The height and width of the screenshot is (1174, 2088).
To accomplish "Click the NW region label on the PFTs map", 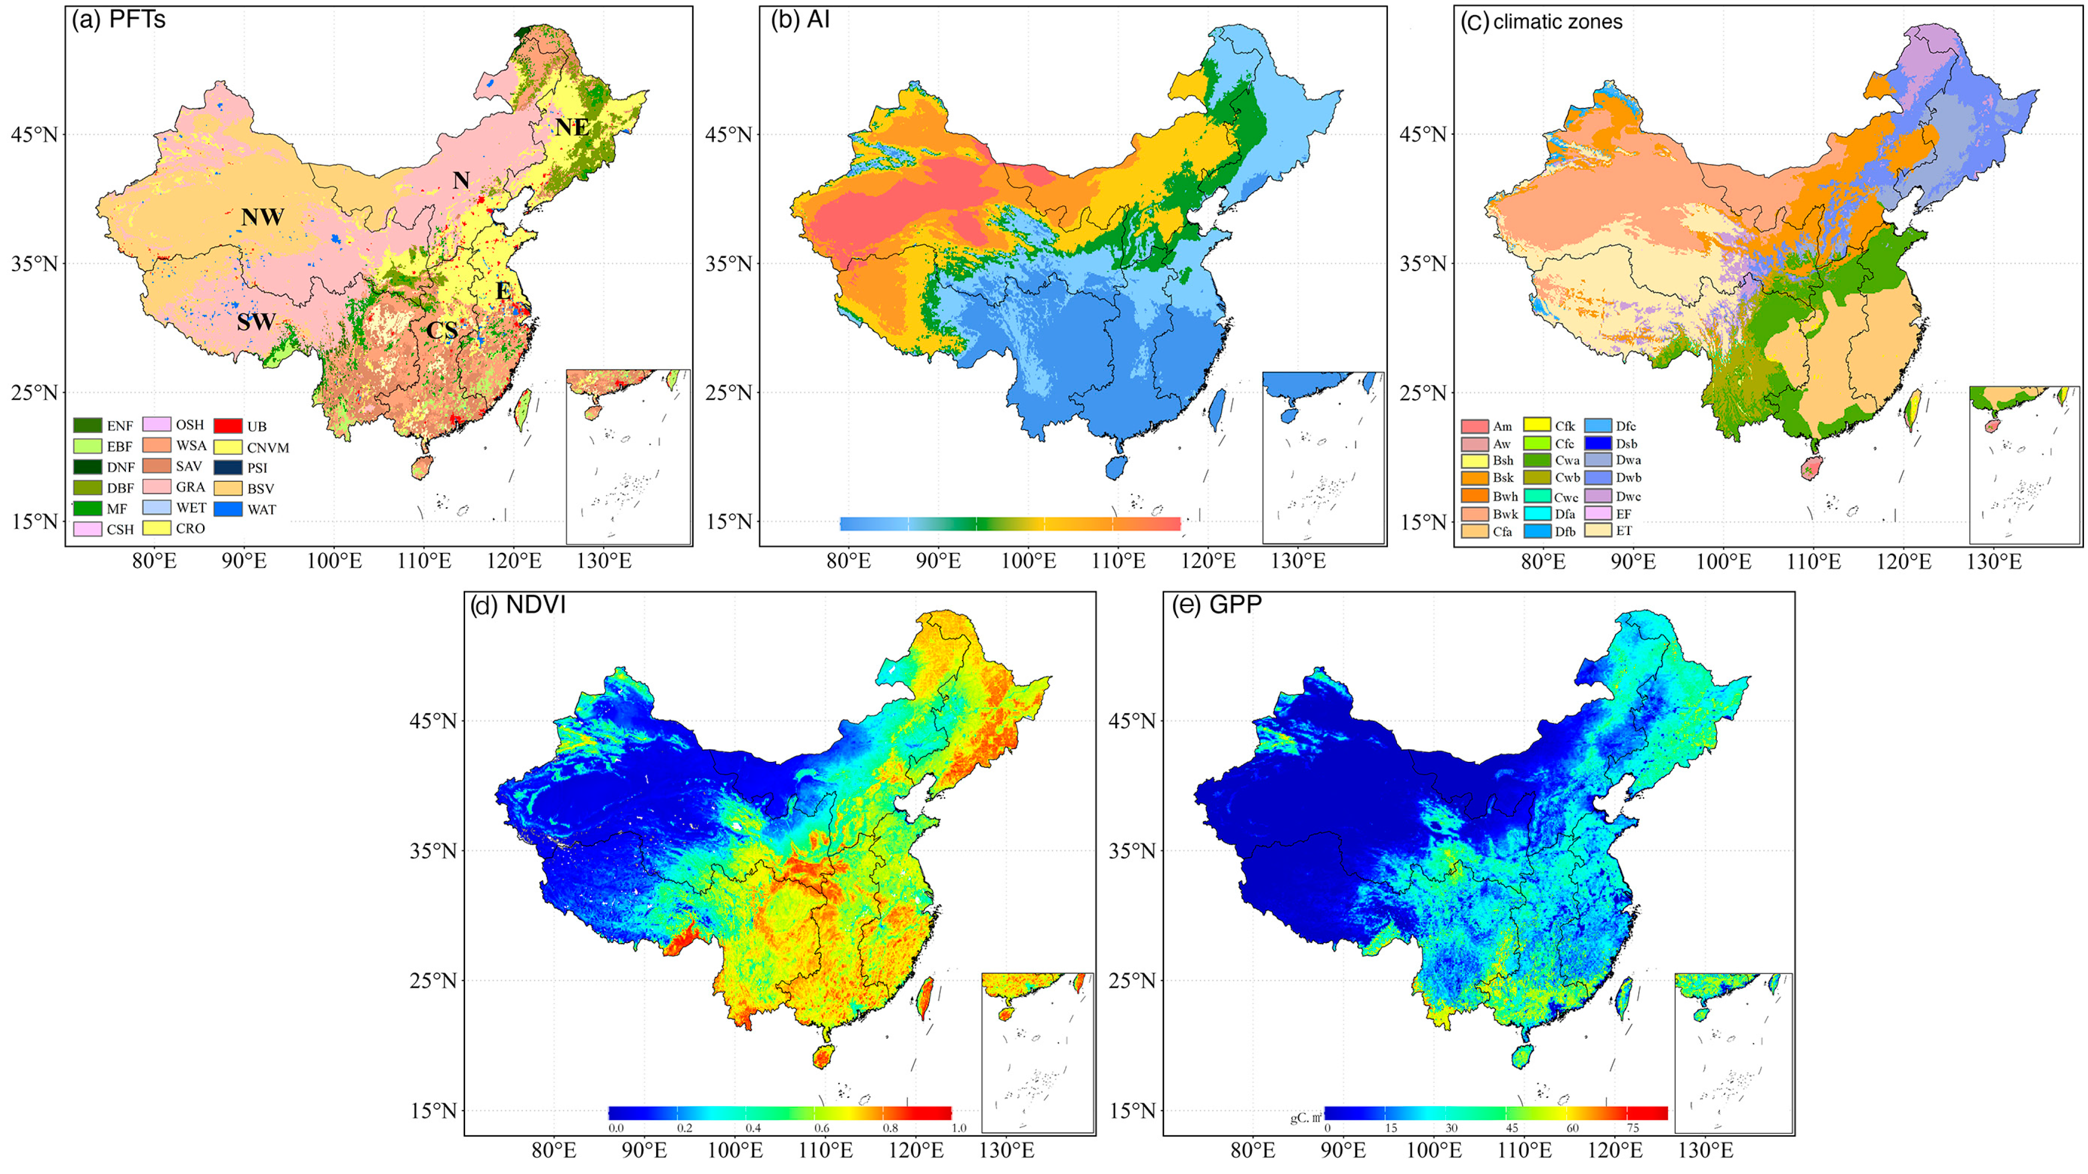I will tap(263, 217).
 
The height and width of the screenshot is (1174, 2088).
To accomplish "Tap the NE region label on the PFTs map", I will tap(572, 127).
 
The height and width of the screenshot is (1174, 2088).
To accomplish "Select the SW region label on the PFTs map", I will tap(256, 322).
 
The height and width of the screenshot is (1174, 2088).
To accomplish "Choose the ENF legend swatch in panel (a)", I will tap(88, 426).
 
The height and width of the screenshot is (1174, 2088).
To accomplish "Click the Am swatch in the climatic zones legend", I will tap(1475, 427).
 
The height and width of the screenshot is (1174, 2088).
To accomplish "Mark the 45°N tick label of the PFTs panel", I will tap(34, 134).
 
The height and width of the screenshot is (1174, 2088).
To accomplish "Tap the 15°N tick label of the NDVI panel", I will tap(434, 1111).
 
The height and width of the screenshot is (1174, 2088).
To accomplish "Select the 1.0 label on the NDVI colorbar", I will tap(959, 1128).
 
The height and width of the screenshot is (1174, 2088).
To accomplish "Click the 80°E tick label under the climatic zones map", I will tap(1543, 561).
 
